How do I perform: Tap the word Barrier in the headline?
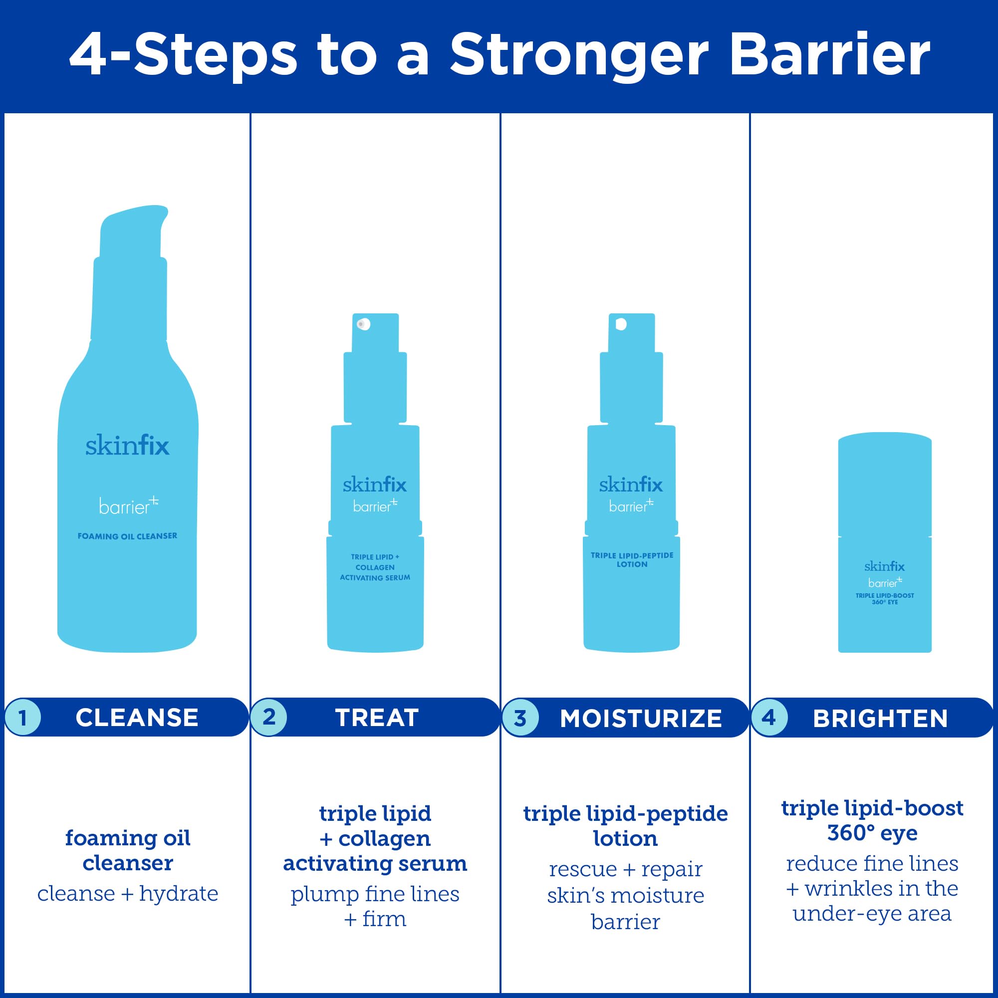829,55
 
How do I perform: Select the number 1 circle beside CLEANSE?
23,717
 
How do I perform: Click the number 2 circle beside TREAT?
268,717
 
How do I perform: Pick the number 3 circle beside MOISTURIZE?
520,718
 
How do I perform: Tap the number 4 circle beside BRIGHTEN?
769,718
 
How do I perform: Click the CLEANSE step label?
137,718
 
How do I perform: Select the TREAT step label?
377,718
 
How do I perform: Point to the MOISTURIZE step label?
641,718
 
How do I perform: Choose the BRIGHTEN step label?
880,718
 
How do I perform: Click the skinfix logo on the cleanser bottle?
127,445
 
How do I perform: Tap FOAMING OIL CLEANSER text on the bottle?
127,536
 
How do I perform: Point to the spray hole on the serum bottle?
363,324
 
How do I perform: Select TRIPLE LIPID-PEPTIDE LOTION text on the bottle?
632,559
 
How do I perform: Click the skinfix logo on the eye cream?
884,566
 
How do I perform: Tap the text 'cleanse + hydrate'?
128,893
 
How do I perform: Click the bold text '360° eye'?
872,833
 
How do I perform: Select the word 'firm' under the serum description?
384,919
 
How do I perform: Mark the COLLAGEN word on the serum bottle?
375,567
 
